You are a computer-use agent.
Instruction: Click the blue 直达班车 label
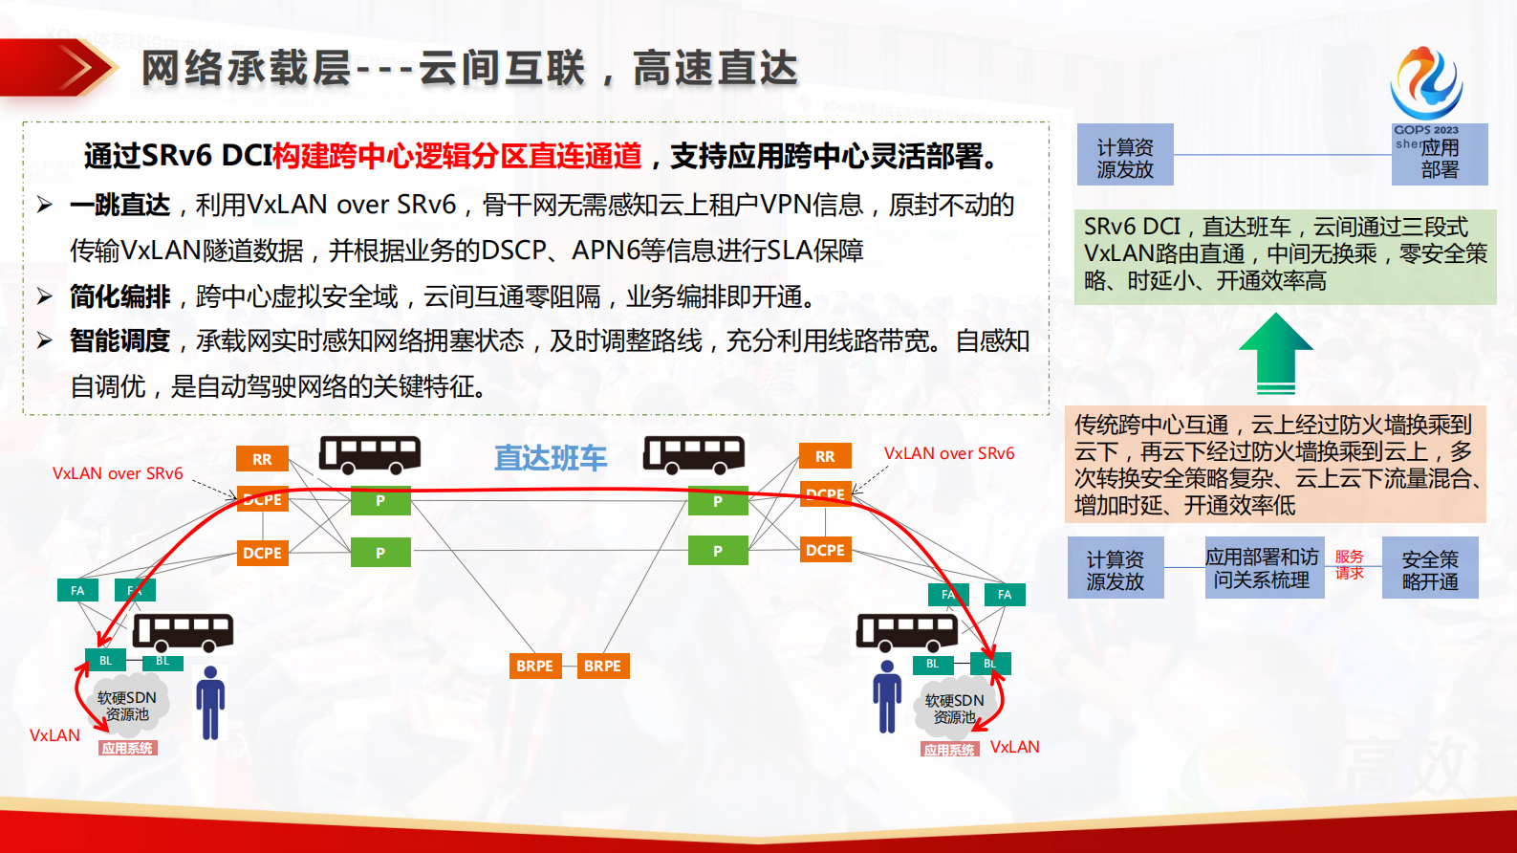(550, 458)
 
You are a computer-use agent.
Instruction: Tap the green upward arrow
(1275, 354)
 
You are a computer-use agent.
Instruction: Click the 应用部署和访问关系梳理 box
(1262, 568)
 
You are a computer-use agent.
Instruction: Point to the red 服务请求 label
(1349, 564)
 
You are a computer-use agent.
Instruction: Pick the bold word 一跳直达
(119, 205)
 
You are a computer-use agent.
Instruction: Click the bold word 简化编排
(119, 296)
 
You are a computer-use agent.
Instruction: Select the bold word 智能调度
(119, 340)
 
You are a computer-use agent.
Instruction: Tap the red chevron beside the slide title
(76, 68)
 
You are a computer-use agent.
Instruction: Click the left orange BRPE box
(534, 666)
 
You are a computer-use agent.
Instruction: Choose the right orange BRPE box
(602, 666)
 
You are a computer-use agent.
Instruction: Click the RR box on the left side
(262, 459)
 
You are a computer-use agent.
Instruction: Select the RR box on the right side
(825, 456)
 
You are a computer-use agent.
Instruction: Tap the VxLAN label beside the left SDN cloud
(54, 735)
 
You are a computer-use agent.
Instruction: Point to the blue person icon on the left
(210, 703)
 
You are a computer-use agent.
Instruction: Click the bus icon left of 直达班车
(370, 454)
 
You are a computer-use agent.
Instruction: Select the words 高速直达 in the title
(714, 68)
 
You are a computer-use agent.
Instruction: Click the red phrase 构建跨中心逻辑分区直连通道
(457, 155)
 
